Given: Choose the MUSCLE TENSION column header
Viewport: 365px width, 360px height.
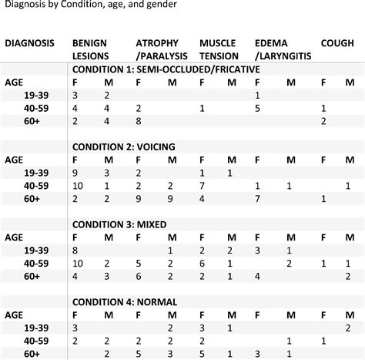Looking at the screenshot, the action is (x=219, y=50).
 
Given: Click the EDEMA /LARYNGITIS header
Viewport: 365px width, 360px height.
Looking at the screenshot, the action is (x=282, y=50).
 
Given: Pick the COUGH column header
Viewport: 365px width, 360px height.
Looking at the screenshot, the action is (x=338, y=43).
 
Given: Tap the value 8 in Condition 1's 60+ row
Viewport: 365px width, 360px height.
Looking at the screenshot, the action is (x=138, y=121).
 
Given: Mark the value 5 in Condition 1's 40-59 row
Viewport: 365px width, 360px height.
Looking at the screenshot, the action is (x=258, y=108).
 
